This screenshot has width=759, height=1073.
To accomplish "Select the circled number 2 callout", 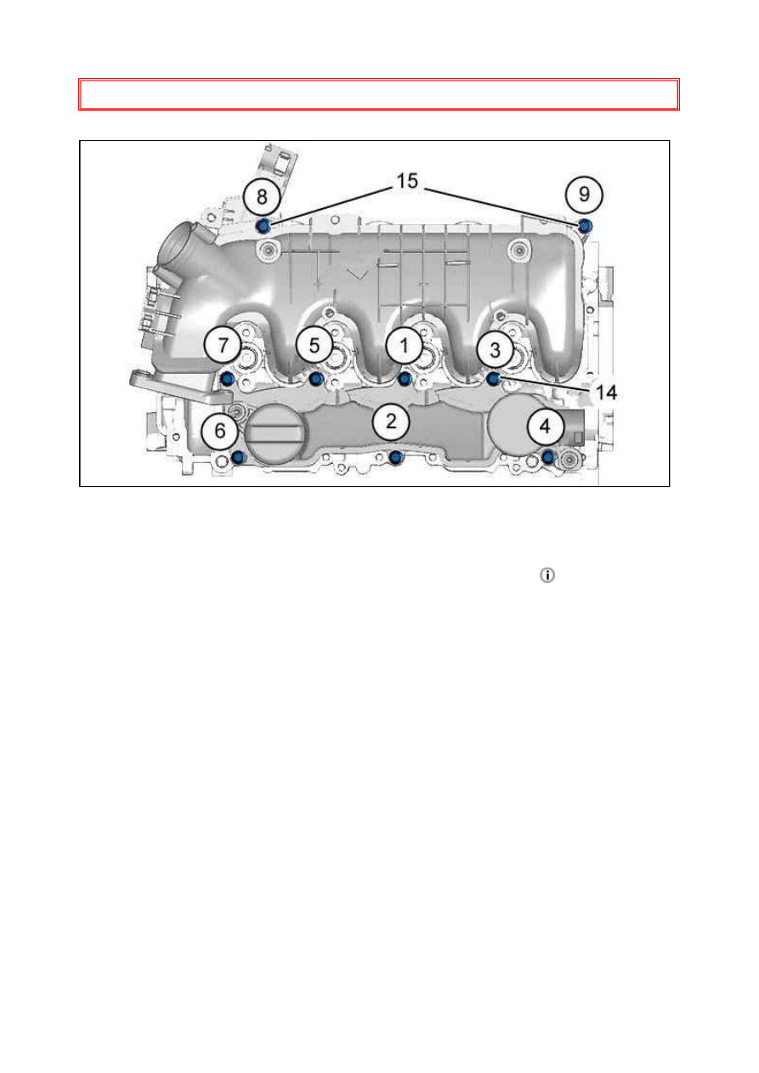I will tap(390, 419).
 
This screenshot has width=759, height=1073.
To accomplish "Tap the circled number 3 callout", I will tap(495, 347).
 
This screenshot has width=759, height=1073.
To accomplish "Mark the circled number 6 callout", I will tap(221, 431).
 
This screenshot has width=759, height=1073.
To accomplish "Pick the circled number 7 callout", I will tap(223, 345).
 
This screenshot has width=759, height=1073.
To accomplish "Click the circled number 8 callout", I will tap(262, 195).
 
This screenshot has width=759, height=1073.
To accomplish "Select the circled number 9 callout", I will tap(584, 194).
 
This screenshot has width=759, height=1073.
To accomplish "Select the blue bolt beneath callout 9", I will tap(585, 224).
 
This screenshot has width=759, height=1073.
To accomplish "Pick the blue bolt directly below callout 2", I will tap(394, 459).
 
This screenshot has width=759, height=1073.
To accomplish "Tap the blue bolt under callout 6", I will tap(238, 459).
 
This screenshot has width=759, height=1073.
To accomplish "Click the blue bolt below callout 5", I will tap(316, 378).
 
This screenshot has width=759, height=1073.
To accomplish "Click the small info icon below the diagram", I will tap(547, 576).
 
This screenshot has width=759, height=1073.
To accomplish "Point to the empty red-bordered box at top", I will tap(379, 94).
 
